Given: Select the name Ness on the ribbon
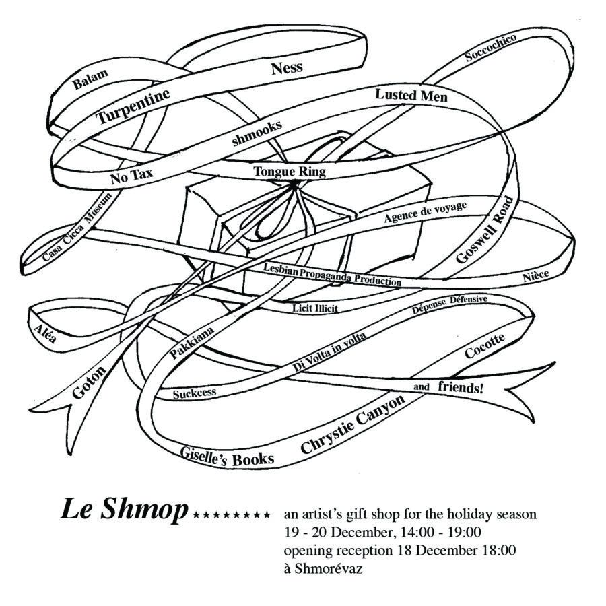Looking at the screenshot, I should click(x=287, y=67).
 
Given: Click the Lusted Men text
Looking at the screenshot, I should click(x=411, y=96).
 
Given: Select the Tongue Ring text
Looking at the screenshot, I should click(x=290, y=172).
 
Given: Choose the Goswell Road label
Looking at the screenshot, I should click(x=485, y=230).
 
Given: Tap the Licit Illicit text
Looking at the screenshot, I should click(x=315, y=308).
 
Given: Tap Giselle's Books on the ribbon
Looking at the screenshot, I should click(x=228, y=457).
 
